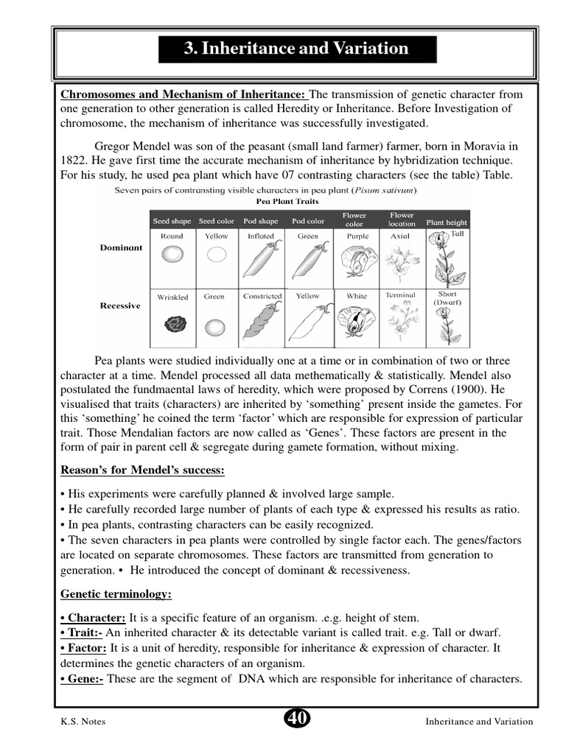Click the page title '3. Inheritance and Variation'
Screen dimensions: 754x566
click(296, 49)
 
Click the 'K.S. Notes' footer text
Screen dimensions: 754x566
click(83, 722)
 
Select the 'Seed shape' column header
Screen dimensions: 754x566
click(172, 221)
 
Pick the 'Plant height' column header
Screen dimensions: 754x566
click(446, 222)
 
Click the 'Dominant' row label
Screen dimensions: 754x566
click(121, 248)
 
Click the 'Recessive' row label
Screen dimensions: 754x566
click(120, 306)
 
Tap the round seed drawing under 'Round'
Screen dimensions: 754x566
click(172, 256)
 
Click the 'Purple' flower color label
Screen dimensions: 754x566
click(357, 236)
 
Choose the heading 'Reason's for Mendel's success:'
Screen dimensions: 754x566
click(142, 471)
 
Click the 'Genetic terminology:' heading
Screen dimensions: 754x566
click(116, 593)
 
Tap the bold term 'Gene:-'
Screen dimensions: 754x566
click(82, 679)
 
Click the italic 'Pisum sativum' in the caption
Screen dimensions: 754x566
click(385, 190)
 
